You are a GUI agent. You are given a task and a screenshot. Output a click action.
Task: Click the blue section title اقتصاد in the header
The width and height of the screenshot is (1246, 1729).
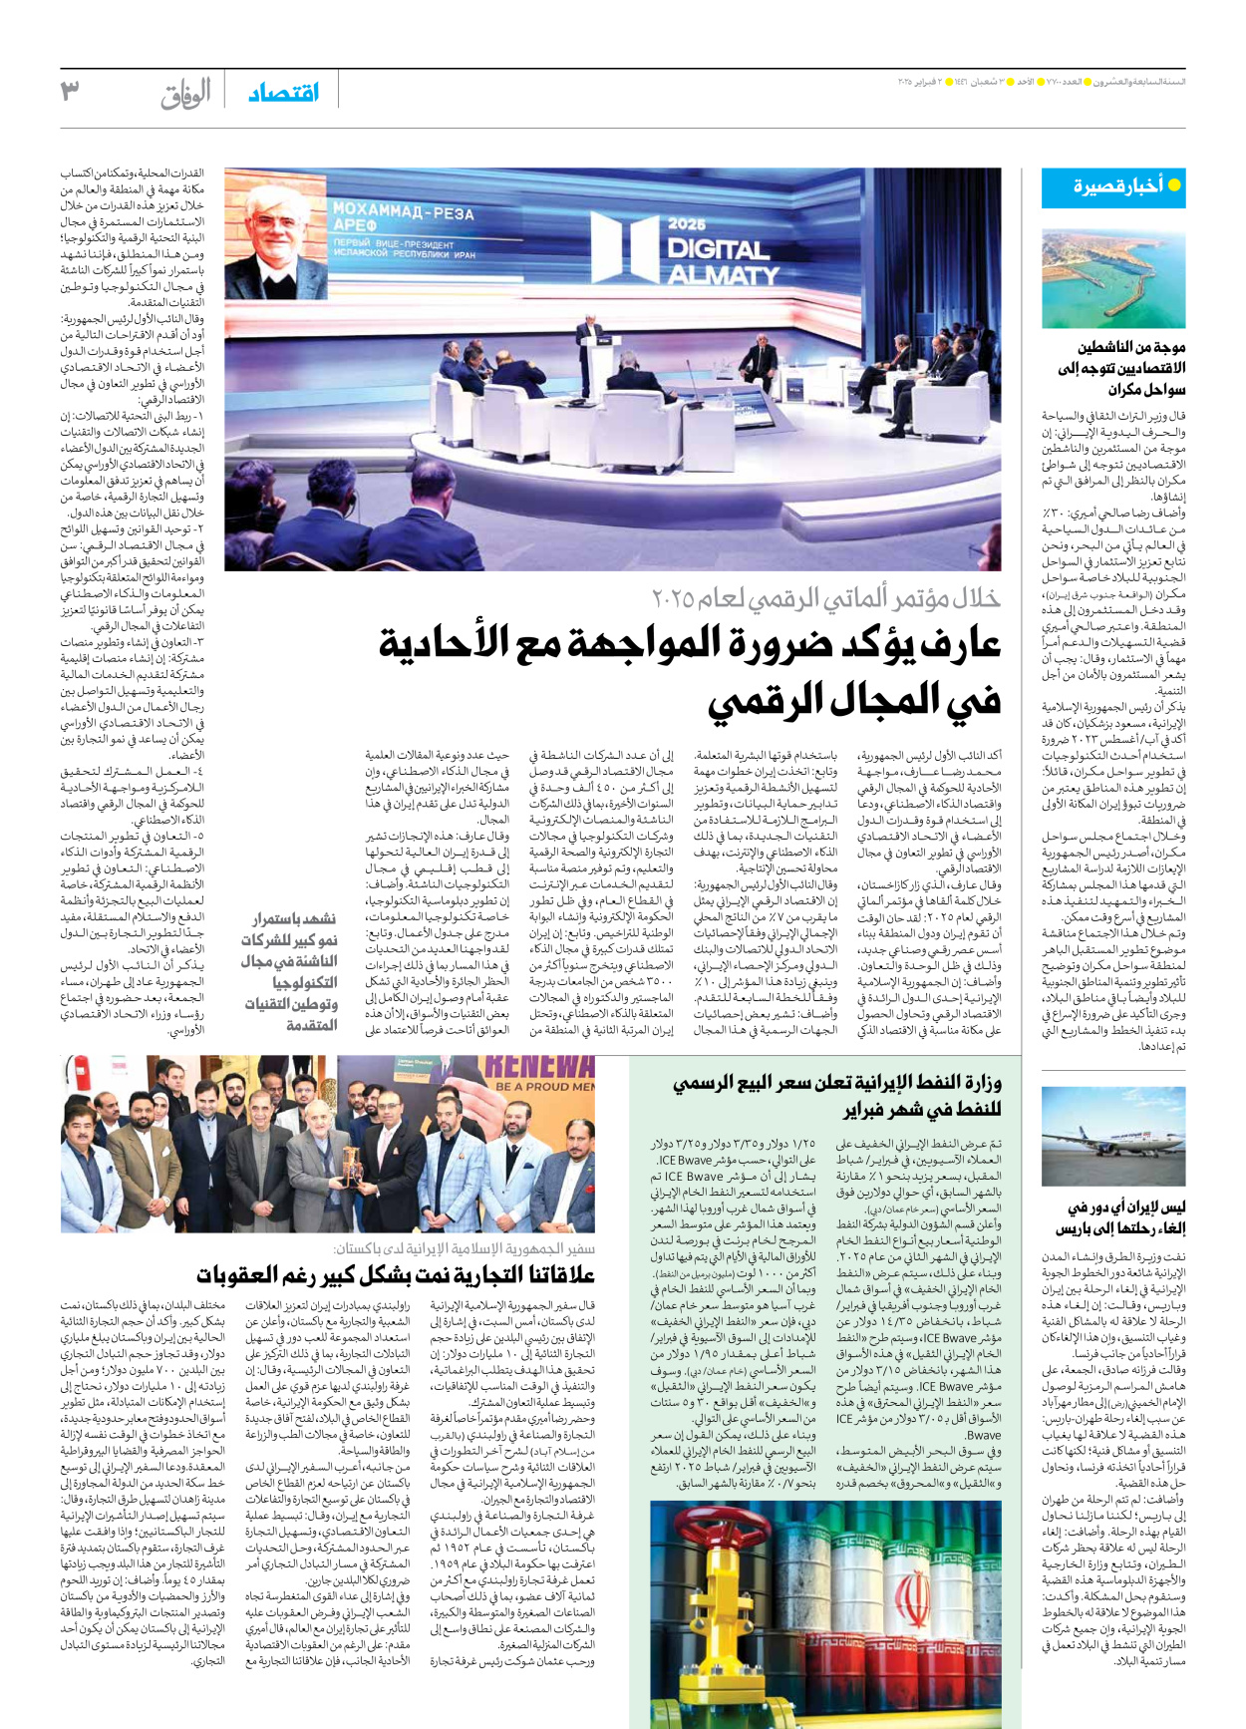pos(284,93)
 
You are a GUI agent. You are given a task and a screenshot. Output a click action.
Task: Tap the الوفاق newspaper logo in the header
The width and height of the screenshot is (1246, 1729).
pos(186,94)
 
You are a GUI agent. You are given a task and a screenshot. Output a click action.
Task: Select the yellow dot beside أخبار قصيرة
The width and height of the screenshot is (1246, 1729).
pos(1174,185)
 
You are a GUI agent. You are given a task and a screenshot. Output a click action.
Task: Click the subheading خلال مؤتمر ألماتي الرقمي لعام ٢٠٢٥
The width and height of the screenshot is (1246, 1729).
pos(825,597)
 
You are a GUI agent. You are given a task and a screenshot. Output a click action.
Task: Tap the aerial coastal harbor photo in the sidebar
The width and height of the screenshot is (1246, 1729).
pos(1113,278)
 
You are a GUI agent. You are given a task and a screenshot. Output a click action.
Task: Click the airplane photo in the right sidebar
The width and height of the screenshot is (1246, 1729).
pos(1113,1137)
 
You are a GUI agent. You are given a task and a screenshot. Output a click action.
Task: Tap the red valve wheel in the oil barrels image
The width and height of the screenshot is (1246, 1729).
pos(768,1541)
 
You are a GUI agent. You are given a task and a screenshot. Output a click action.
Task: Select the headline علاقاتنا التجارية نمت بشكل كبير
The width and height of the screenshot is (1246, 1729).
pos(396,1274)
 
